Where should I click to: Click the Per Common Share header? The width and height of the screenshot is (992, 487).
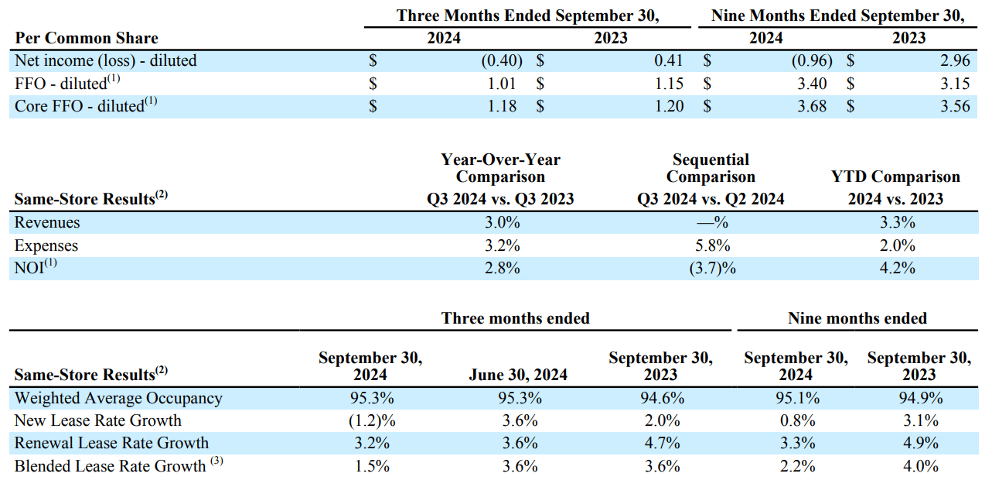86,38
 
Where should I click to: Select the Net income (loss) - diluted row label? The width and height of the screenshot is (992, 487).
106,60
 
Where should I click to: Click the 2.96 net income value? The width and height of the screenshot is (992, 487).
955,60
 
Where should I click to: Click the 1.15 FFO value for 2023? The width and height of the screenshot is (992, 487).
669,84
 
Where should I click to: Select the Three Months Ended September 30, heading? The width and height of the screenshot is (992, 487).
533,15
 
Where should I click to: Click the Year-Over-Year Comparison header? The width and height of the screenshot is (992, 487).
500,168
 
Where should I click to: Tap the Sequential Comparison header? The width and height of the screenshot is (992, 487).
711,168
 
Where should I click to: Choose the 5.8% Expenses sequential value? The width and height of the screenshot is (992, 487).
711,245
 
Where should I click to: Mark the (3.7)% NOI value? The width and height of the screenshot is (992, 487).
711,268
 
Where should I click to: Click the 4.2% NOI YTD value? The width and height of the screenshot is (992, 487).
895,268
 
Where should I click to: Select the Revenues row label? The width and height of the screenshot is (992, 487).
47,223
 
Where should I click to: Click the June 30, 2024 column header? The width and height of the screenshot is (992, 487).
518,375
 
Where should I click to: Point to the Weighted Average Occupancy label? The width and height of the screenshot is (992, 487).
118,398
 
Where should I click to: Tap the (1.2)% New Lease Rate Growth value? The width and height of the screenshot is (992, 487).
370,420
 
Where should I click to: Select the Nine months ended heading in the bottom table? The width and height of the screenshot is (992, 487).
857,318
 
